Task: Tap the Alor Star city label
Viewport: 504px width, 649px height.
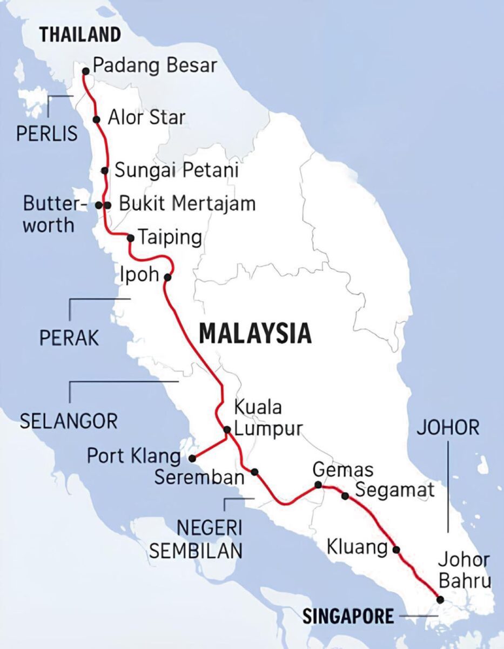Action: [x=146, y=117]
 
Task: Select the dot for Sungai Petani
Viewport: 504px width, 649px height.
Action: [x=105, y=170]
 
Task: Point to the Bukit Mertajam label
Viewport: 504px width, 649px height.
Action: [x=186, y=204]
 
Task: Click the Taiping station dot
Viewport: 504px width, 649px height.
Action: [x=130, y=237]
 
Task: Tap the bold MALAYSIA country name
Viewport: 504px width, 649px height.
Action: [x=255, y=333]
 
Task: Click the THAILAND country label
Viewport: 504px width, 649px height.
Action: [x=80, y=35]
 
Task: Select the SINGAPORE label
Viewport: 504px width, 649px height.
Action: [x=348, y=616]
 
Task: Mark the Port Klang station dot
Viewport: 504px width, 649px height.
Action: [x=192, y=459]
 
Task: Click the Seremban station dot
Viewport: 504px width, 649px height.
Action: [x=255, y=472]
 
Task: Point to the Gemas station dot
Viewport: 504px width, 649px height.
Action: [x=318, y=485]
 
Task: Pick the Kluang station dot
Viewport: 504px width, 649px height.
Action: [x=396, y=549]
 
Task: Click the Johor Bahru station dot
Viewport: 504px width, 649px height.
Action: [x=440, y=599]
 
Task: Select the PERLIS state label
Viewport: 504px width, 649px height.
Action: [x=47, y=134]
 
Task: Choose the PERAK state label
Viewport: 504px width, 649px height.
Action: [x=69, y=338]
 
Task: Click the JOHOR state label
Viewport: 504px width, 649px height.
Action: [x=448, y=428]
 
